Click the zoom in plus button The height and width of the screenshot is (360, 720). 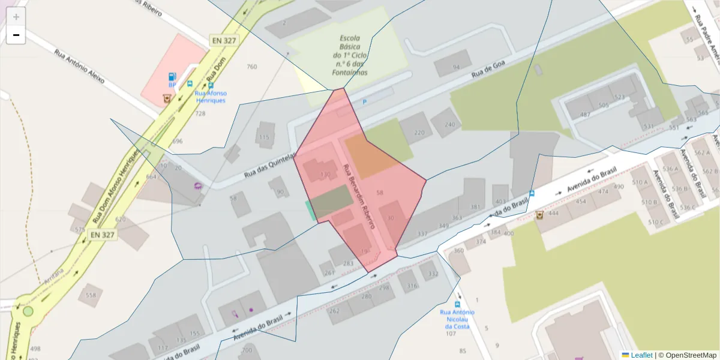coord(16,17)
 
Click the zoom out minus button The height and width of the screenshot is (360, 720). coord(16,35)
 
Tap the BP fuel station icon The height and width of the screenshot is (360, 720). coord(172,76)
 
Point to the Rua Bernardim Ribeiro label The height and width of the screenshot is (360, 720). coord(358,196)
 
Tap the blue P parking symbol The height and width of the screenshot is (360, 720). coord(364,102)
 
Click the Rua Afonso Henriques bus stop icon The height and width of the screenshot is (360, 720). coord(190,85)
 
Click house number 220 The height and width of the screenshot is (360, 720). coord(419,133)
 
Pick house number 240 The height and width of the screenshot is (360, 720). coord(450,125)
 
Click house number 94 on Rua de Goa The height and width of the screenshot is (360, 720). coord(456,67)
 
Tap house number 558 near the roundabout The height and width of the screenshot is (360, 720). coord(91,295)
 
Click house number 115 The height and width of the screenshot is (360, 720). coord(264,137)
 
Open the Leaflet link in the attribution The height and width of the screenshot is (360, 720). coord(641,355)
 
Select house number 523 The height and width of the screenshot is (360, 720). coord(620,97)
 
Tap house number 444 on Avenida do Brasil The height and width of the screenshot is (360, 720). coord(553,213)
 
